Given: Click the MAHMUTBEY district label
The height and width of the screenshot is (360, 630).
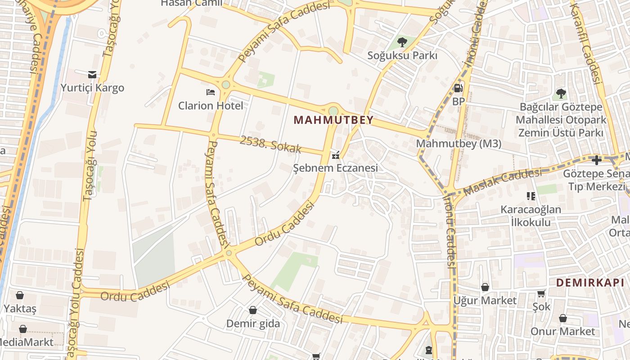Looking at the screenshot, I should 333,120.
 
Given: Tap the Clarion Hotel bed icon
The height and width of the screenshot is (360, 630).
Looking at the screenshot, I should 210,92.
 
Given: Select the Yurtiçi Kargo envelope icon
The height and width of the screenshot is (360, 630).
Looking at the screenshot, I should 92,74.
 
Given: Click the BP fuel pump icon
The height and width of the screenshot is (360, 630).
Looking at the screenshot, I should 458,88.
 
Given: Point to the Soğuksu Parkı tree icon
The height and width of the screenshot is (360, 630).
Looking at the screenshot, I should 402,42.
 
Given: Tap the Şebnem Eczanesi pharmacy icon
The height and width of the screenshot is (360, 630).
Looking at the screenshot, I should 335,156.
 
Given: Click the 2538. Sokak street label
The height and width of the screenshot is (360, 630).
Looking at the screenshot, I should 270,144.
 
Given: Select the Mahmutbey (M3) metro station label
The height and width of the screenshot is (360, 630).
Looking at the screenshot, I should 459,144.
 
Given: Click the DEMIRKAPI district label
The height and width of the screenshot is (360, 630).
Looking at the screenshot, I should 590,283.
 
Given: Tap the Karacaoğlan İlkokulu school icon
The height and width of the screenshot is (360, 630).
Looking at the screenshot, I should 531,196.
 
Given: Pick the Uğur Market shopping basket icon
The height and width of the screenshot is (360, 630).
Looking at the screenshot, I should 485,287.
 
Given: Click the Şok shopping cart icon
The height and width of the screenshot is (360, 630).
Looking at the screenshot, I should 541,293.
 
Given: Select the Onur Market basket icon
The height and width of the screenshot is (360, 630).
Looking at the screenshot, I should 562,318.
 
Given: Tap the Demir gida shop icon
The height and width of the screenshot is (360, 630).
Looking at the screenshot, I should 253,310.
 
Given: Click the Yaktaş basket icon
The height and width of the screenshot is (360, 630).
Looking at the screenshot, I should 20,295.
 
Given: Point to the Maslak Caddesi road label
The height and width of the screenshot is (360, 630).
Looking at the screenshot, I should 502,182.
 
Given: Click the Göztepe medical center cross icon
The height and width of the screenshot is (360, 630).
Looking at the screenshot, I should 597,160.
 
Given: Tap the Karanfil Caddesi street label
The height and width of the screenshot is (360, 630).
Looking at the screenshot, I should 590,45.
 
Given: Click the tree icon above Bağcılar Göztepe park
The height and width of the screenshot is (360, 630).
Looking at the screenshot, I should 561,94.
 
